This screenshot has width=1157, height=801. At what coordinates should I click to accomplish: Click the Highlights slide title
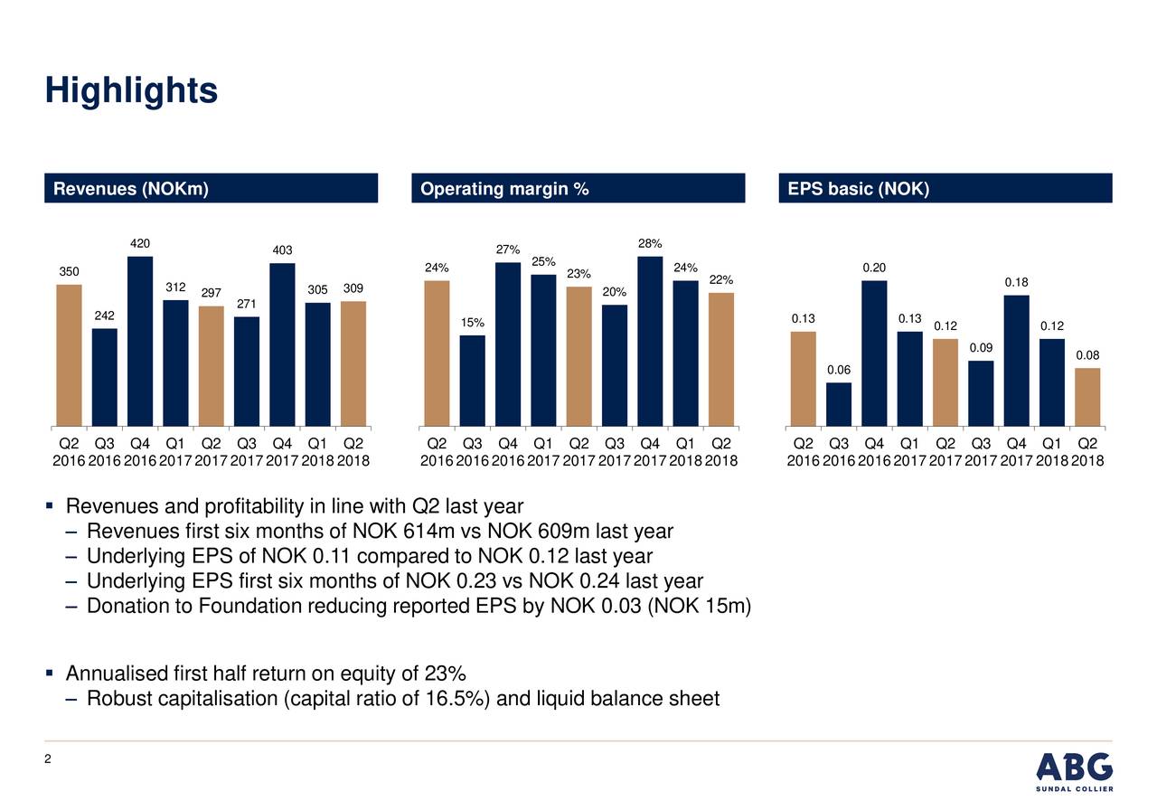(x=131, y=90)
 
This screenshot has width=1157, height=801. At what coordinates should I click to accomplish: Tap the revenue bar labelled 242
(x=105, y=377)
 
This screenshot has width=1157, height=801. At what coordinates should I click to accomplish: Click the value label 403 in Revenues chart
(x=282, y=250)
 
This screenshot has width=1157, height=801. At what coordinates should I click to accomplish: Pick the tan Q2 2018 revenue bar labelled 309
(x=353, y=363)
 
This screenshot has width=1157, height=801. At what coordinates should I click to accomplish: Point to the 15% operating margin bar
(x=472, y=381)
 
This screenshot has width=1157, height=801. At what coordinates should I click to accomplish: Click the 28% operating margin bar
(x=650, y=341)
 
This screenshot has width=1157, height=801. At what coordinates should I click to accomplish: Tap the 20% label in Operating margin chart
(x=614, y=292)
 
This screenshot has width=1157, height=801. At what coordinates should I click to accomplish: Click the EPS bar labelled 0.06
(x=839, y=404)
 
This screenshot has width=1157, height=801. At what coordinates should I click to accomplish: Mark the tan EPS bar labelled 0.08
(x=1087, y=397)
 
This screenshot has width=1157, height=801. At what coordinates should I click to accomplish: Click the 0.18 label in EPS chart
(x=1016, y=283)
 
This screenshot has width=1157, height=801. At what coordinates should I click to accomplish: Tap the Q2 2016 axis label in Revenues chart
(x=69, y=451)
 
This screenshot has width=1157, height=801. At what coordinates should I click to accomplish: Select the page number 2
(x=49, y=761)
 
